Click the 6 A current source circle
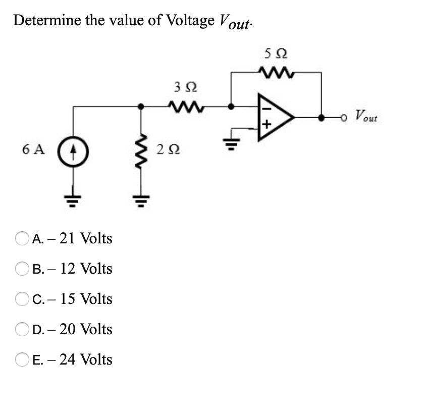click(74, 150)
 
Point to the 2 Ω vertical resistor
click(143, 150)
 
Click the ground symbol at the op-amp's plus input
click(232, 136)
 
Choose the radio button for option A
click(23, 238)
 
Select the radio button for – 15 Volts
click(23, 299)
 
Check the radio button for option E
click(23, 360)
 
